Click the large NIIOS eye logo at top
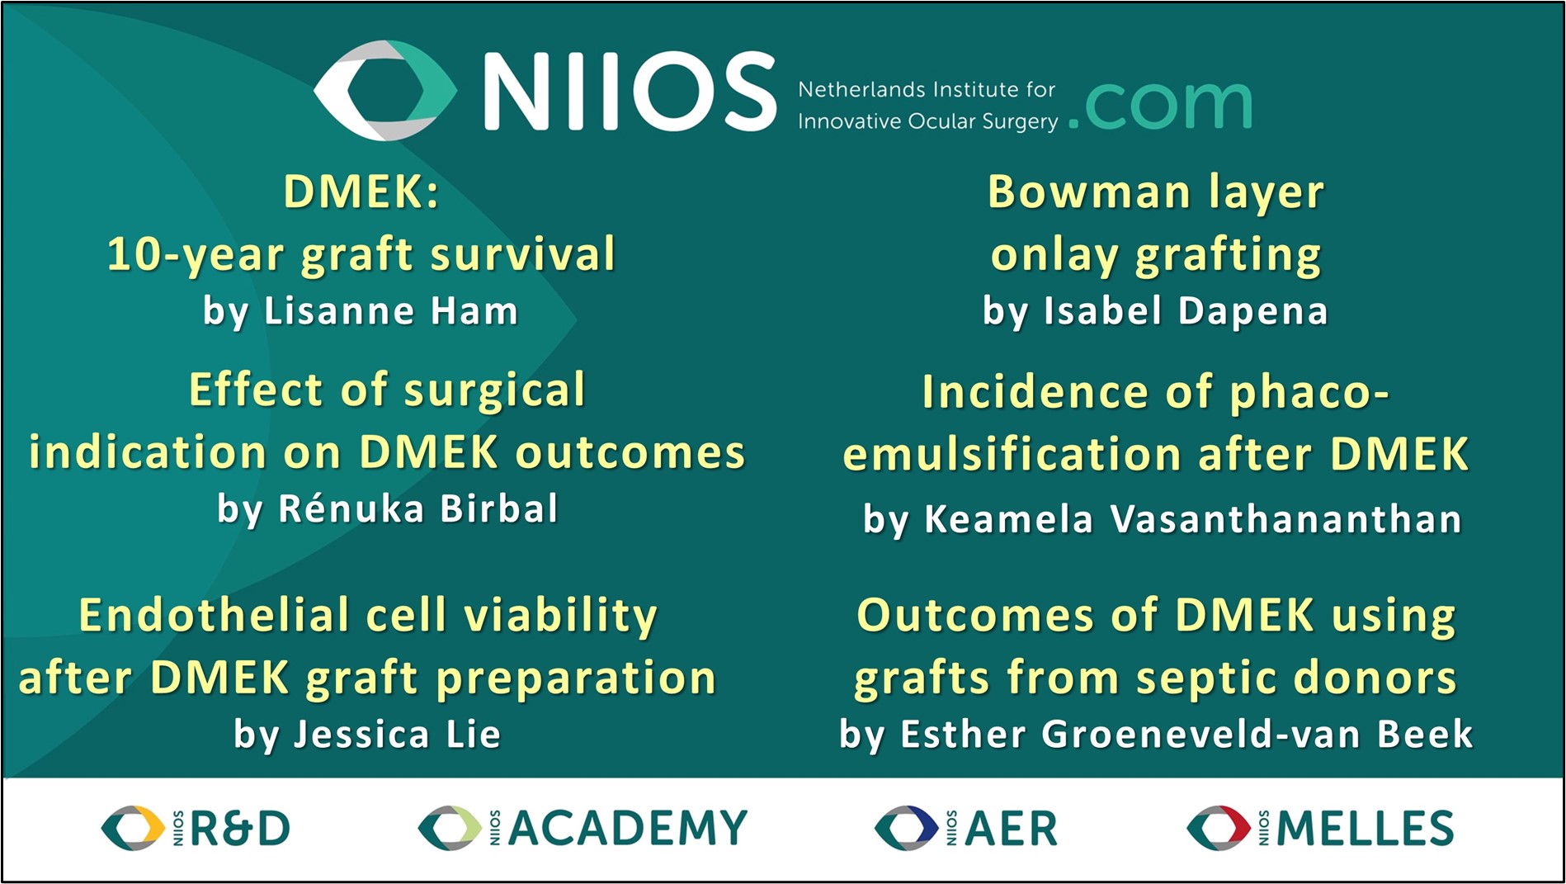coord(385,89)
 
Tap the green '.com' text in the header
coord(1160,105)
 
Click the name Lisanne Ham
coord(391,311)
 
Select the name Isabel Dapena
coord(1186,311)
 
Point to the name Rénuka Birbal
coord(418,508)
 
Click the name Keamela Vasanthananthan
coord(1193,519)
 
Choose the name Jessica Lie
coord(398,734)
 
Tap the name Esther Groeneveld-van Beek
coord(1186,734)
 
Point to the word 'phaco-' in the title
coord(1309,393)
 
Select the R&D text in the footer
coord(240,829)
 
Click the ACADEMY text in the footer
coord(628,829)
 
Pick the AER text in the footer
coord(1011,829)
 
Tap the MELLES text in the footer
coord(1366,829)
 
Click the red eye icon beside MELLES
coord(1218,829)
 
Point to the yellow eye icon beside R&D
coord(132,829)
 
